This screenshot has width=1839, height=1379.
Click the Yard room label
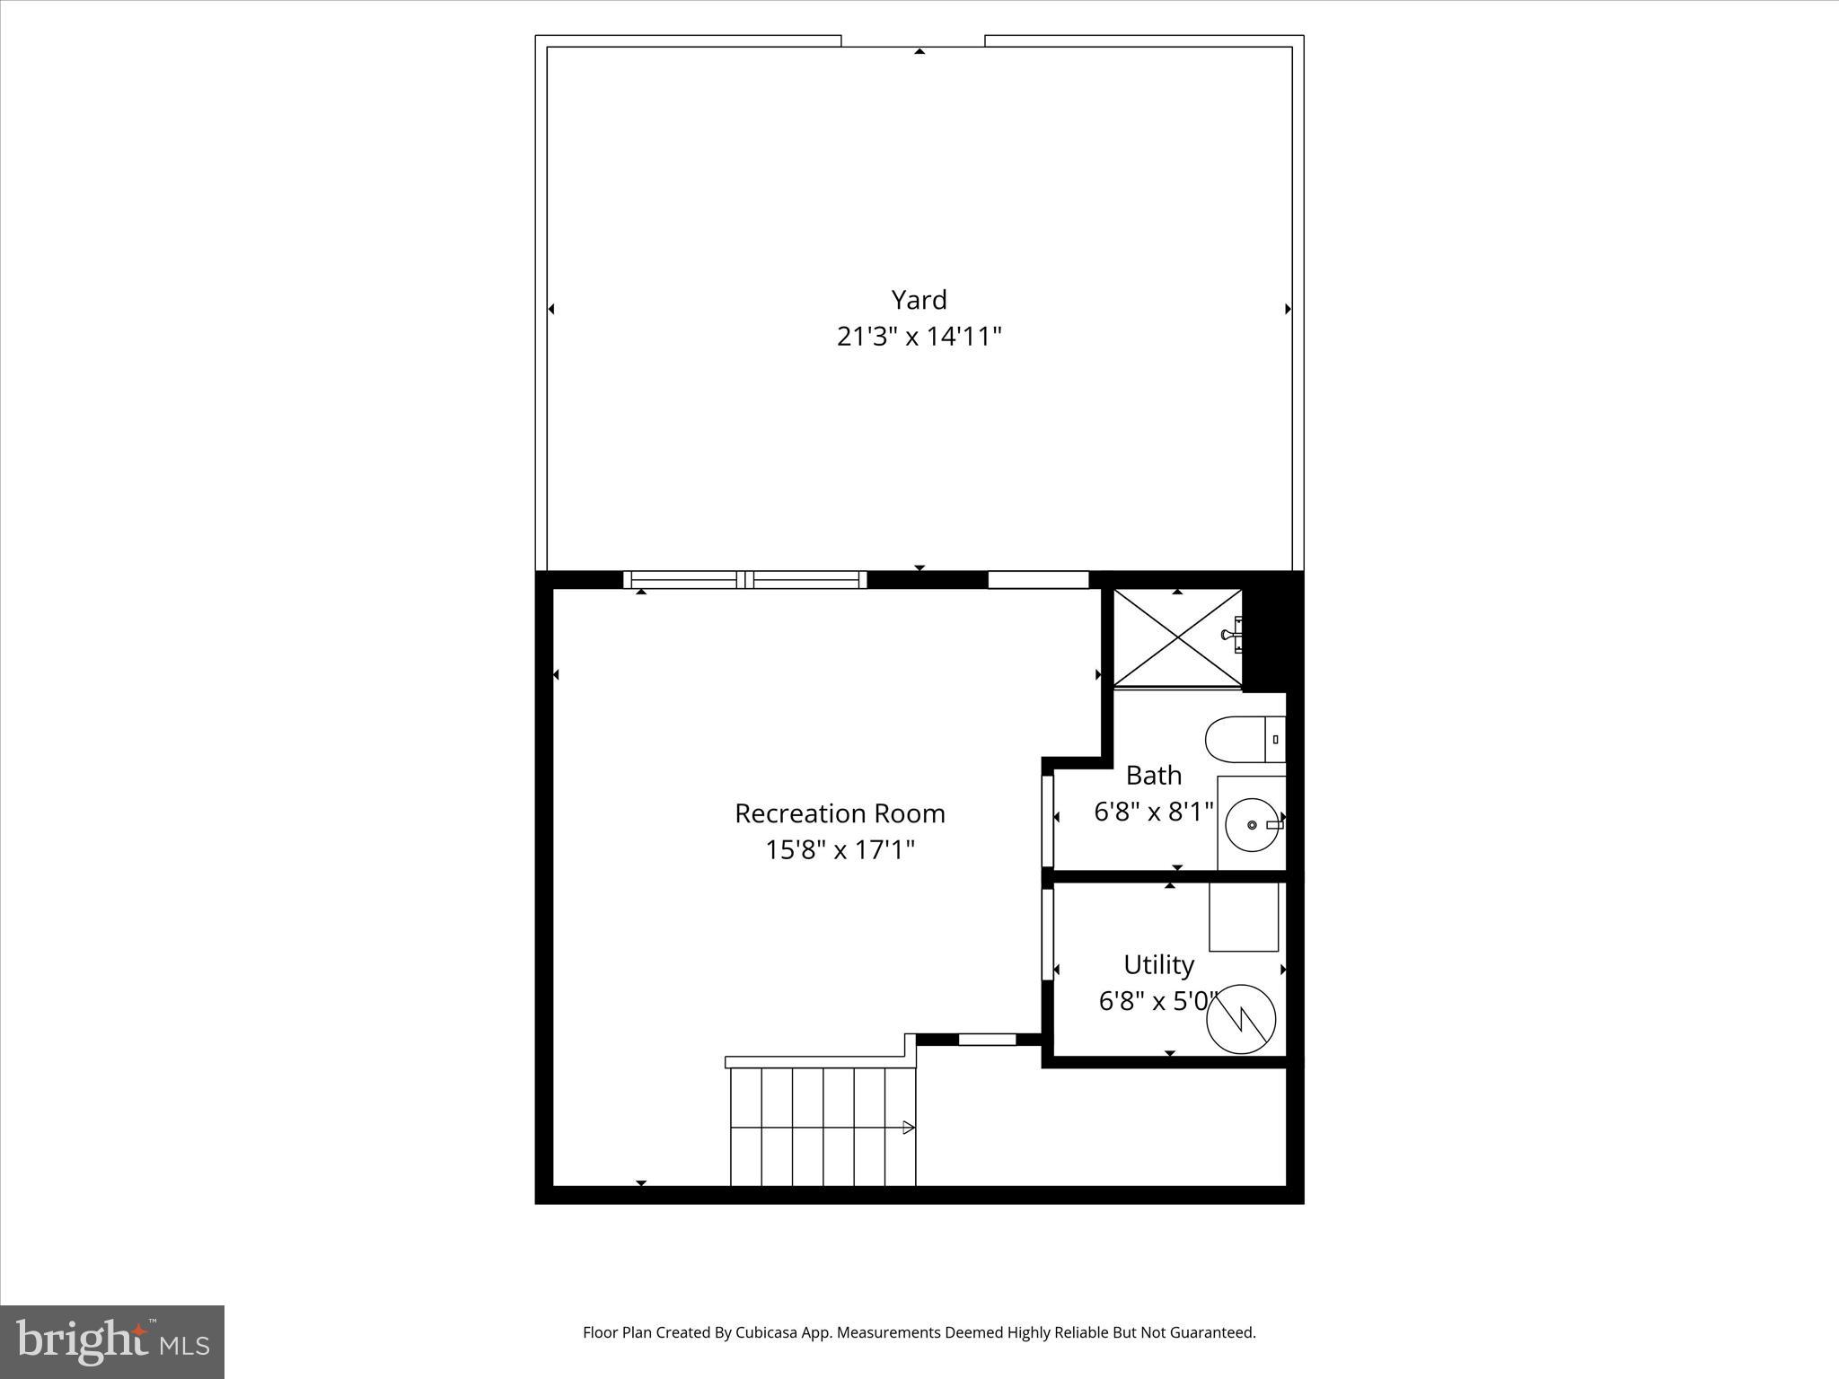click(919, 300)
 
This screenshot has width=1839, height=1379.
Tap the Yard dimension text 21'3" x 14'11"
click(919, 337)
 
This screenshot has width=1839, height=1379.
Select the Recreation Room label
click(840, 813)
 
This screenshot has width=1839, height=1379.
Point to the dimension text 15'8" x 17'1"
click(840, 849)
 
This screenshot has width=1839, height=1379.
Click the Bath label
click(1153, 775)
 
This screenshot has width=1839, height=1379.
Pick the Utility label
click(1158, 964)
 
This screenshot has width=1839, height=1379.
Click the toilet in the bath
click(1243, 739)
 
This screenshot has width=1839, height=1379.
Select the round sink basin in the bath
click(1252, 824)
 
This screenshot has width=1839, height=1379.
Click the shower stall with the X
click(1177, 638)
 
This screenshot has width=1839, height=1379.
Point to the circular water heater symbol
click(1241, 1018)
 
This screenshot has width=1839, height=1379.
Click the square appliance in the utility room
click(1243, 917)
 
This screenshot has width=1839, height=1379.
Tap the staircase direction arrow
click(908, 1128)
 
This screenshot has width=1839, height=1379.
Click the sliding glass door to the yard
click(745, 580)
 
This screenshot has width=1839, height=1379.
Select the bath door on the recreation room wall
click(1047, 820)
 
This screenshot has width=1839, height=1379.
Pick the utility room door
click(1047, 934)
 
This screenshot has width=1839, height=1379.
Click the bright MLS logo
click(112, 1341)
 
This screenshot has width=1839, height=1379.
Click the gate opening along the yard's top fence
click(912, 40)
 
